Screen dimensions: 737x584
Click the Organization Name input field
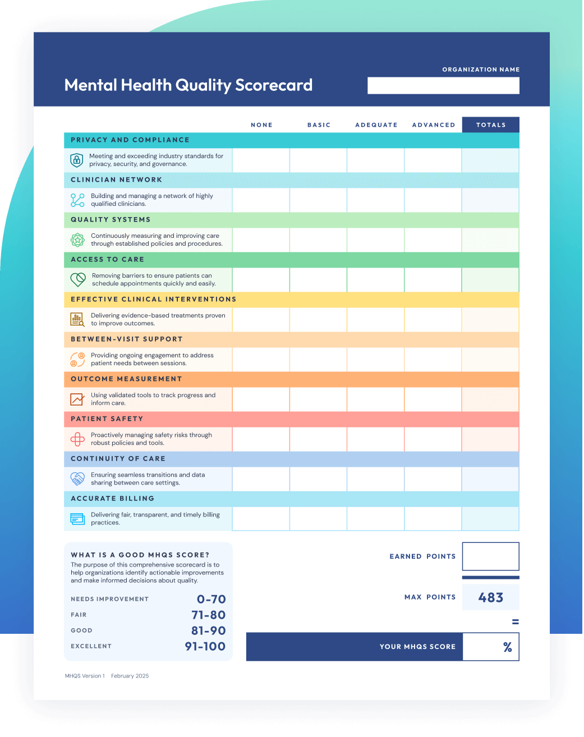(443, 85)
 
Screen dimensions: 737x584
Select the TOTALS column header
(491, 125)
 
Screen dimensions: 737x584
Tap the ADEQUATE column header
(376, 125)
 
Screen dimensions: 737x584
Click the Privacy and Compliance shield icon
(77, 160)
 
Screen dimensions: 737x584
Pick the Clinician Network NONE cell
(261, 200)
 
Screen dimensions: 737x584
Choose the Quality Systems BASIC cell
(318, 240)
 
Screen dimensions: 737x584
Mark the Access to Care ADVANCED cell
(433, 280)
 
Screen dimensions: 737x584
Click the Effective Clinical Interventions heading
(153, 300)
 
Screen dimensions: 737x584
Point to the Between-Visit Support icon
(77, 359)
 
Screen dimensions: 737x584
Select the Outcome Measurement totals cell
(490, 399)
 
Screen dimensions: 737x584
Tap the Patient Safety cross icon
(77, 439)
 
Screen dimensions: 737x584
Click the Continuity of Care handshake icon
(77, 478)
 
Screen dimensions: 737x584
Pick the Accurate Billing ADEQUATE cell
(376, 518)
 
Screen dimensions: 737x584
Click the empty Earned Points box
(490, 556)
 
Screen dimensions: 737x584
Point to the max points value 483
(490, 597)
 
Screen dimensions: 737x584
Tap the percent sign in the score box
(508, 647)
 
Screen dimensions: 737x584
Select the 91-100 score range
(205, 646)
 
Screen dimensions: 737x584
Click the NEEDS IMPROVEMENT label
(109, 599)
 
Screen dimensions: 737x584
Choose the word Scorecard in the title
(274, 85)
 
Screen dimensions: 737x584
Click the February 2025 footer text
(130, 676)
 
